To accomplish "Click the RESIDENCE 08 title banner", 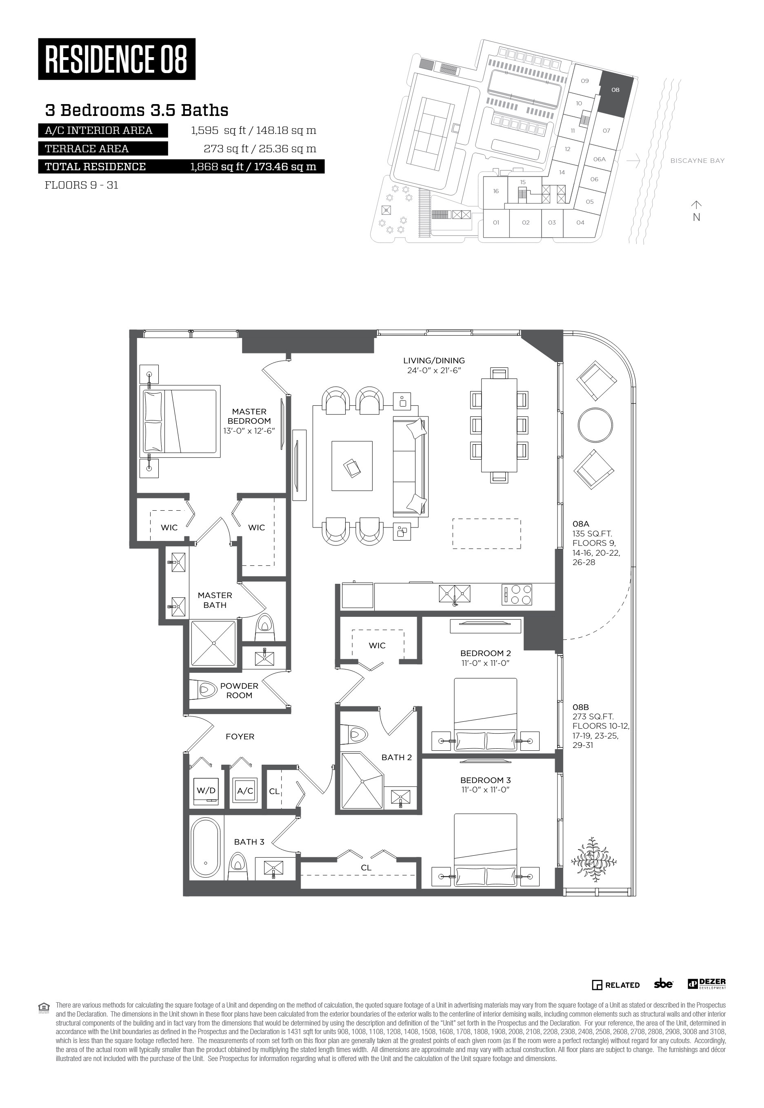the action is [117, 59].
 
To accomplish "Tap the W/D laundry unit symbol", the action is [207, 791].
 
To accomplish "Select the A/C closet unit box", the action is [245, 791].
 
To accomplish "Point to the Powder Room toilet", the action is [207, 690].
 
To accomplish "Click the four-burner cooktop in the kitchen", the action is [517, 594].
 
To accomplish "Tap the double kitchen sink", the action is [454, 594].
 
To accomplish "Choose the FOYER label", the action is [240, 736].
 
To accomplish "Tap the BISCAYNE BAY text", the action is [697, 161].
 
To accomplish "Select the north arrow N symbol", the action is [697, 211].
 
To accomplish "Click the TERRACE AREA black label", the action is [103, 149].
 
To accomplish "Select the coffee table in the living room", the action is [352, 466].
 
